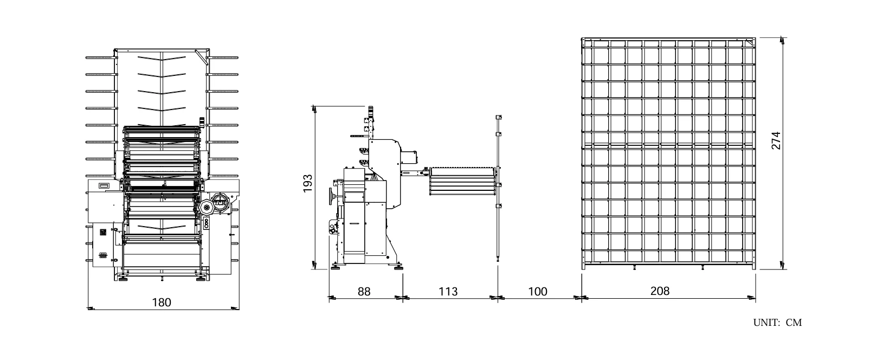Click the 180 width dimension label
162,303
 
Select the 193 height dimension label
308,183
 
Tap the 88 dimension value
364,292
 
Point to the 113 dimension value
448,292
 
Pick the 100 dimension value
538,292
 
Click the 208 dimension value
660,291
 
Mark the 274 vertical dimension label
776,140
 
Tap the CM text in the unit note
794,323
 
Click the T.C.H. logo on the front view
220,202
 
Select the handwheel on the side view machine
331,196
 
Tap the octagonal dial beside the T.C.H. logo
206,207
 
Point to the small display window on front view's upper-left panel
104,185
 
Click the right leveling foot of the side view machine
398,267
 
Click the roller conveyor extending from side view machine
462,181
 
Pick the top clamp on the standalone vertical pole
499,118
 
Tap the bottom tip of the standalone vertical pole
498,261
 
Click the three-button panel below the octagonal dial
207,223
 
